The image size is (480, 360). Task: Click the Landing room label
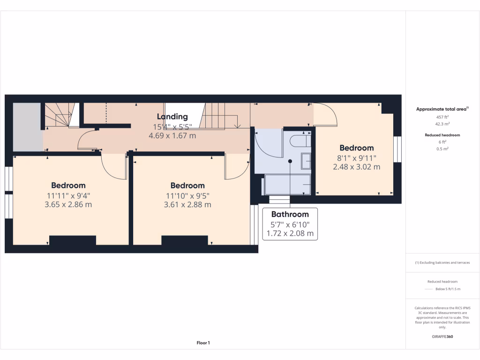click(172, 117)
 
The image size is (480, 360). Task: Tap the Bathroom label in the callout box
click(290, 215)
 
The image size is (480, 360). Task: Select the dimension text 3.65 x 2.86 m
click(68, 204)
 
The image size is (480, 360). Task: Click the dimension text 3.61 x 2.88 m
click(187, 204)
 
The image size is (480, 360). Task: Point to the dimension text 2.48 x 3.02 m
click(356, 166)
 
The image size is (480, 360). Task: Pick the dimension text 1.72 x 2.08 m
click(290, 233)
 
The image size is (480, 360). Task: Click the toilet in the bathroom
click(299, 141)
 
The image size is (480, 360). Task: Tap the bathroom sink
click(306, 161)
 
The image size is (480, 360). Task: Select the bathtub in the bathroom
click(287, 185)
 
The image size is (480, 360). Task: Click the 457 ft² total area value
click(442, 117)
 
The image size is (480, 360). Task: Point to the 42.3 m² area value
click(442, 124)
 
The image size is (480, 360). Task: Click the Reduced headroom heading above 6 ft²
click(442, 135)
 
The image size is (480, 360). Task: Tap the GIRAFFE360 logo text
click(442, 337)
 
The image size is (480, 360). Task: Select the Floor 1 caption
click(203, 343)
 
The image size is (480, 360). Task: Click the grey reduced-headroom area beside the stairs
click(27, 127)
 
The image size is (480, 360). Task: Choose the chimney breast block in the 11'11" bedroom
click(73, 240)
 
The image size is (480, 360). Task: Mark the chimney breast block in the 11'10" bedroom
click(185, 240)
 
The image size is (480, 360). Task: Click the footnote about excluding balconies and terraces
click(442, 262)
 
